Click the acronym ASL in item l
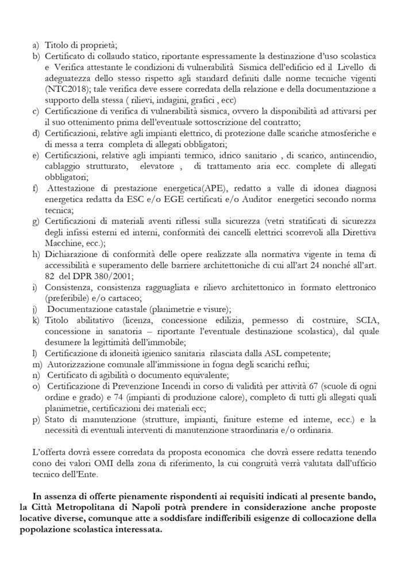point(275,353)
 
